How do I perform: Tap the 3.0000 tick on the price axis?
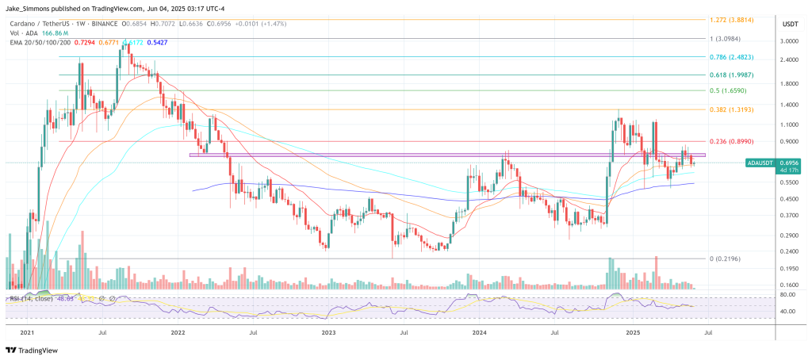(x=789, y=40)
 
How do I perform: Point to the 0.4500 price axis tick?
(x=789, y=199)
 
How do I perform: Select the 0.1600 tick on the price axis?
(x=789, y=285)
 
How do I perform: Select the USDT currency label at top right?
(x=789, y=25)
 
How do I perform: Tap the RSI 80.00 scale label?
(x=788, y=295)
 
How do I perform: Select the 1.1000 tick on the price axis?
(x=789, y=124)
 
